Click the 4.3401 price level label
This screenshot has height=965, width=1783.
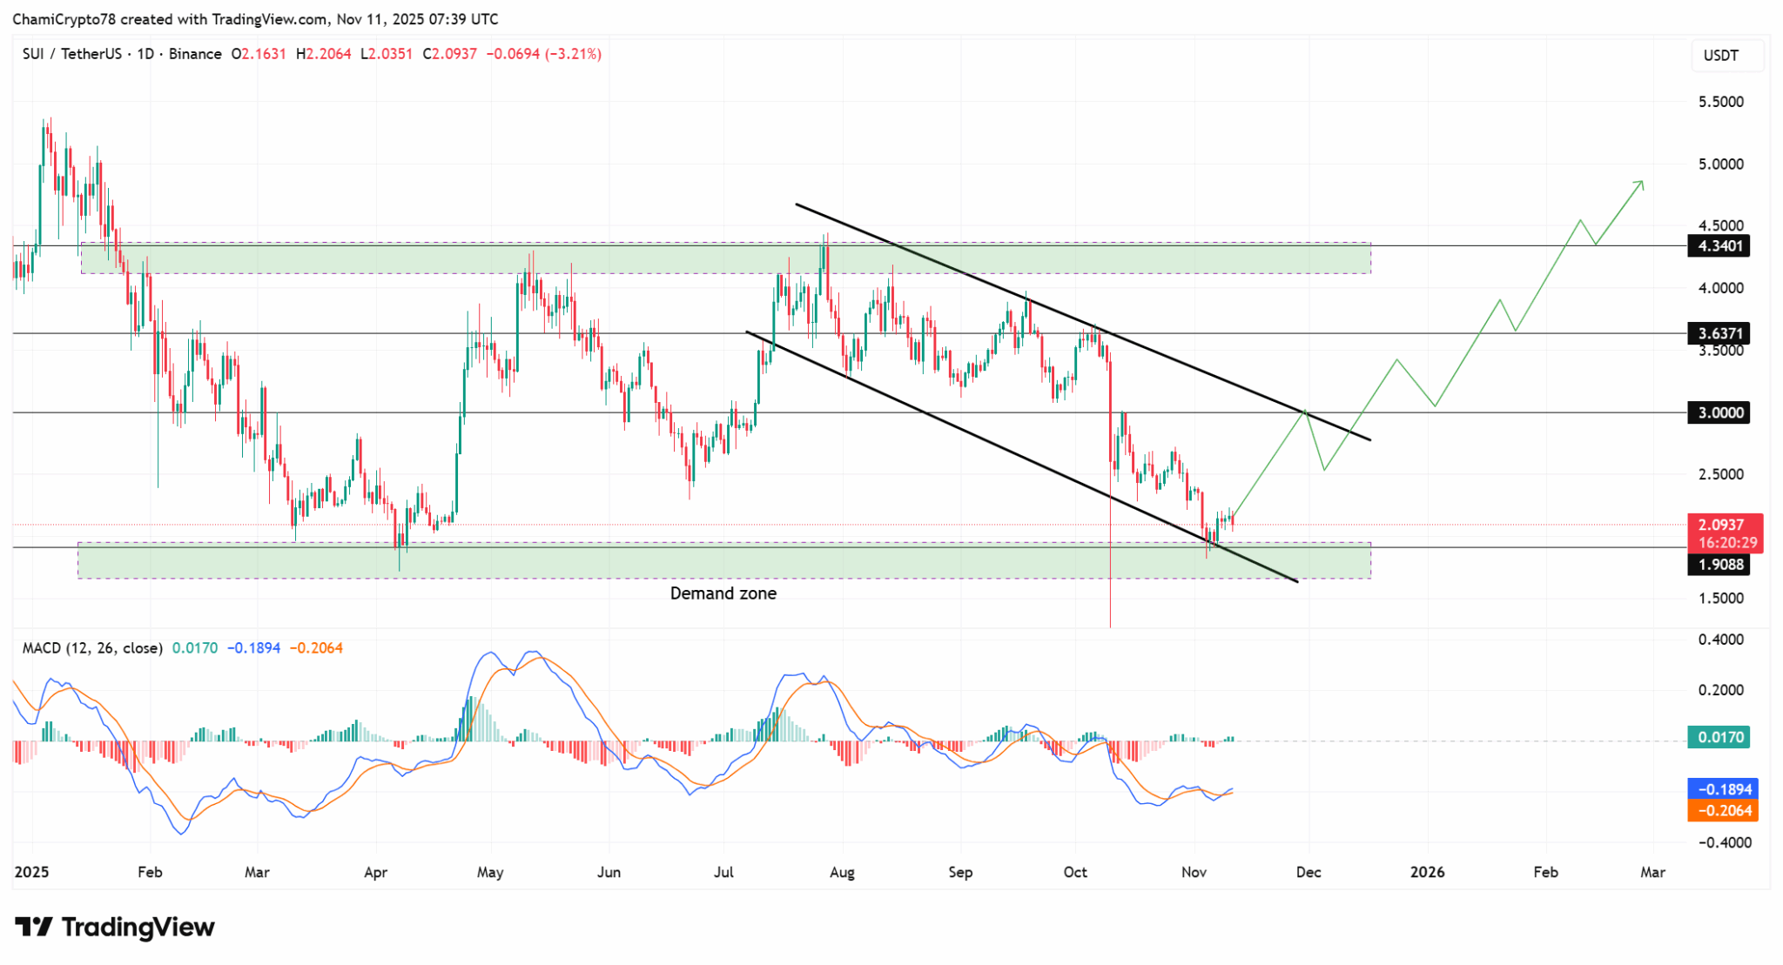[x=1720, y=246]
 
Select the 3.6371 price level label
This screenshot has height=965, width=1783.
[x=1720, y=333]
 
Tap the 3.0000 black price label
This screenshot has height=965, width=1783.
[x=1720, y=412]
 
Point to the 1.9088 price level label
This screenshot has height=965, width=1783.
[x=1720, y=565]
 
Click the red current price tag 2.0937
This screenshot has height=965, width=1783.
[x=1725, y=526]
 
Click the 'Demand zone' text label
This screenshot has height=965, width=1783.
[x=723, y=593]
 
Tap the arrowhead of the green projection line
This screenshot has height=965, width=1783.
[x=1641, y=182]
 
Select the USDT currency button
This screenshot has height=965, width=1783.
[x=1720, y=56]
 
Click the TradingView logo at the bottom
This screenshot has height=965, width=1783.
[x=115, y=928]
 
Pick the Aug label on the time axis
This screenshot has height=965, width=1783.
[x=842, y=872]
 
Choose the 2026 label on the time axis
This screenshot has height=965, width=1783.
[x=1427, y=872]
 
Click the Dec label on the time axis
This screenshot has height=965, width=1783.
[x=1309, y=872]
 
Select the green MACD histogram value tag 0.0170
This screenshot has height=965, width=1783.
[x=1720, y=737]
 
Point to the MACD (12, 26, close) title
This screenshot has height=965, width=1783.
[x=92, y=648]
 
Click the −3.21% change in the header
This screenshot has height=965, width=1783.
[x=573, y=54]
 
